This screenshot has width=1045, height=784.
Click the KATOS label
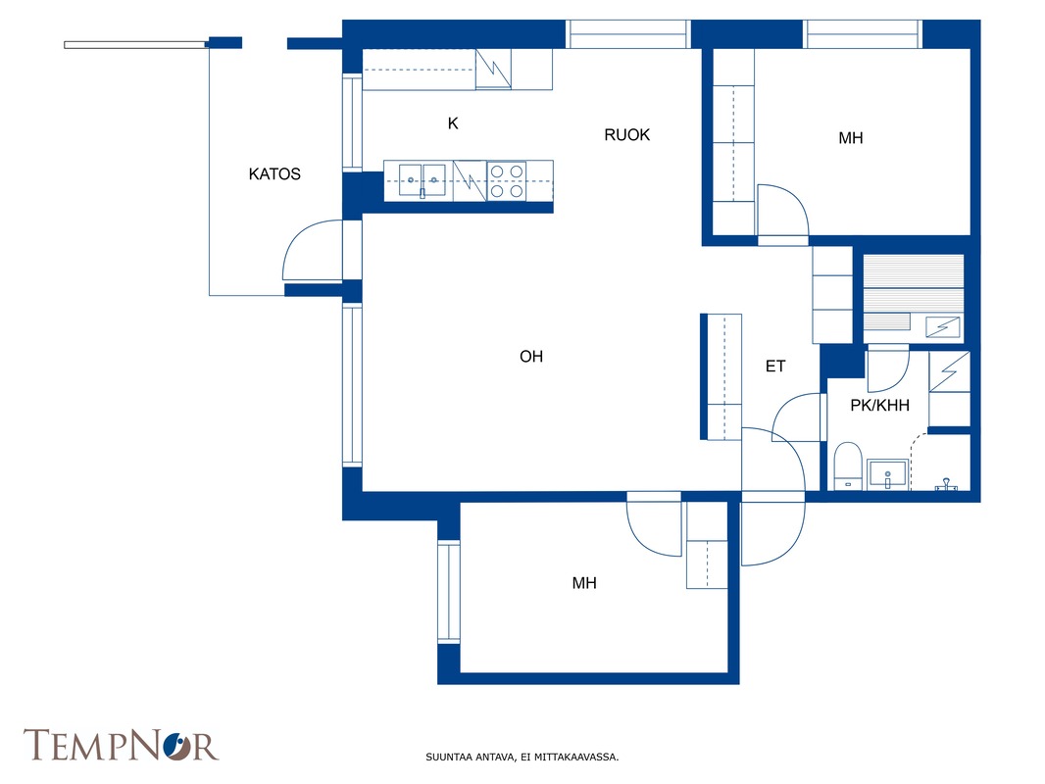[x=274, y=173]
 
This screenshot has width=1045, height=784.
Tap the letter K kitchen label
[x=453, y=123]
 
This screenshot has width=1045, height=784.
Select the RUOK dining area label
[x=626, y=134]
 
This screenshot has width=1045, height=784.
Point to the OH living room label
[x=531, y=357]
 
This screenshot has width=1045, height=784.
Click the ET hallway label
[x=775, y=366]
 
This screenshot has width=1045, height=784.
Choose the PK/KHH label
[x=879, y=405]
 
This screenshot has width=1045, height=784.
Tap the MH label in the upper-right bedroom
[x=850, y=138]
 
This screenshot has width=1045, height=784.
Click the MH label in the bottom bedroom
[x=584, y=583]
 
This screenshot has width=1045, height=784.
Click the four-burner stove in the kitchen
[x=507, y=181]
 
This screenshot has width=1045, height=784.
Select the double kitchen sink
[x=422, y=180]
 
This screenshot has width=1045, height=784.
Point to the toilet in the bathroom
[x=848, y=465]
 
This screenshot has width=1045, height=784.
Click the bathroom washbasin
[x=887, y=474]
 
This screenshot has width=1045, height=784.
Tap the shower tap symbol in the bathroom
[x=946, y=484]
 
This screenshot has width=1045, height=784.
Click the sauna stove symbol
[x=942, y=327]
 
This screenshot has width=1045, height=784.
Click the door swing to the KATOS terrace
[x=313, y=250]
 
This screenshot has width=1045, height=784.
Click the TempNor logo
[x=121, y=745]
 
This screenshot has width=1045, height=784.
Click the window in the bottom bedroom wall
[x=449, y=592]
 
